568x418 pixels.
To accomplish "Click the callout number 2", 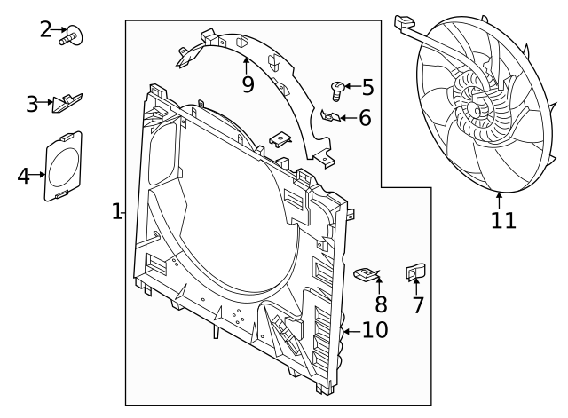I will (46, 28).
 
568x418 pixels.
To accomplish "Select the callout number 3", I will (33, 104).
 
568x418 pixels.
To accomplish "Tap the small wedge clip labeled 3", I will (67, 101).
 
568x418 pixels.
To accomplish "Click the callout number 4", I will (23, 176).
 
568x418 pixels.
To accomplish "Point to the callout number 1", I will (116, 211).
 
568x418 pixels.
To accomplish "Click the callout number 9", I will (248, 84).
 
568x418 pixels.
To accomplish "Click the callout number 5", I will (367, 88).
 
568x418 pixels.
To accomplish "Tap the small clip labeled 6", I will (327, 114).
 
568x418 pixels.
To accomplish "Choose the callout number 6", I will (365, 117).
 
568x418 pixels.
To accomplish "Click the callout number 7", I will (418, 305).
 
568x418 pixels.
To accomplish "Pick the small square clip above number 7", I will (414, 271).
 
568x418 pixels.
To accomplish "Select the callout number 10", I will (375, 331).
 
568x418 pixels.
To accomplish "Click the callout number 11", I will (503, 219).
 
